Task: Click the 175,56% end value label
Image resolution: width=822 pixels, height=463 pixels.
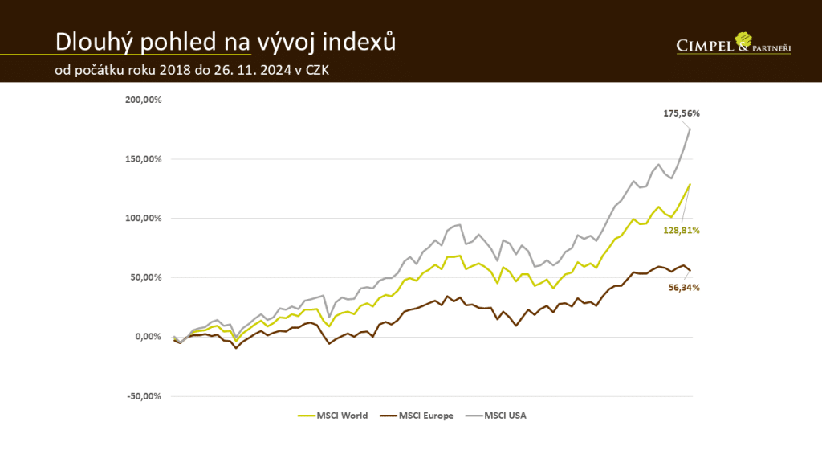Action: [x=678, y=114]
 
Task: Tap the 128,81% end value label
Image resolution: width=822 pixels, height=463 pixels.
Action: [x=682, y=230]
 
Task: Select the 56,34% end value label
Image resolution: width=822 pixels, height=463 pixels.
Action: [x=685, y=288]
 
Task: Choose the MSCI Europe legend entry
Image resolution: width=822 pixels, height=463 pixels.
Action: [x=425, y=416]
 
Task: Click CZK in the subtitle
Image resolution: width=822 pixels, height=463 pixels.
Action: [x=314, y=70]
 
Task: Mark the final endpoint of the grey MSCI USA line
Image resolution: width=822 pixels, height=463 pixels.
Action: [x=690, y=129]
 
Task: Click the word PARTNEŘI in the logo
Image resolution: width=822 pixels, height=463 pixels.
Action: [x=771, y=49]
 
